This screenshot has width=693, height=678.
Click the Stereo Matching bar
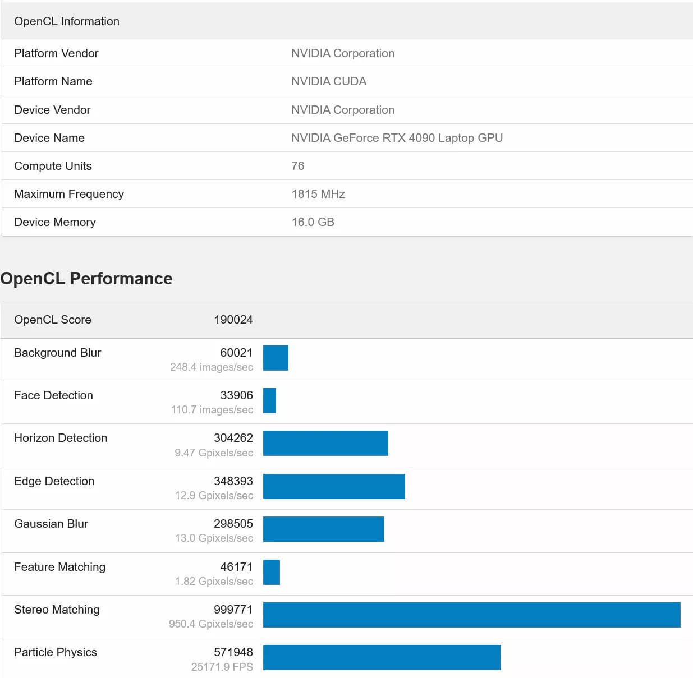coord(471,615)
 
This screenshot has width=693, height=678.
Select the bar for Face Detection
coord(269,400)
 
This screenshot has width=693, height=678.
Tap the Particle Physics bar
coord(382,657)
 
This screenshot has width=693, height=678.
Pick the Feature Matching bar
coord(272,572)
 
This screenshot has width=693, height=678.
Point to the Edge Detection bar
coord(334,486)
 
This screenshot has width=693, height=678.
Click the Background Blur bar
coord(276,358)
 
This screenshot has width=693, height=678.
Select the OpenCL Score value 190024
coord(233,320)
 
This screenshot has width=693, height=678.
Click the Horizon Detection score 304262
coord(233,438)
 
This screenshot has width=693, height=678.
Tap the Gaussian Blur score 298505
coord(233,524)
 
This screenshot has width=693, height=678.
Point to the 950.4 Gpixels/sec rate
coord(211,624)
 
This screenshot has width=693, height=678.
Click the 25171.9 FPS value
coord(222,667)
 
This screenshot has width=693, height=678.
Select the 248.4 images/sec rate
coord(212,367)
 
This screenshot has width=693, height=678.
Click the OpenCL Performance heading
coord(86,279)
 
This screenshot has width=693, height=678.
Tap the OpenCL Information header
coord(67,21)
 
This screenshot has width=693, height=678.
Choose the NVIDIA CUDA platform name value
coord(329,81)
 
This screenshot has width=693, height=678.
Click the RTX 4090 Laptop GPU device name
coord(397,138)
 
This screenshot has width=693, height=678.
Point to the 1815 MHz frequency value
coord(318,194)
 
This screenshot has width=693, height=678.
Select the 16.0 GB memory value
coord(313,222)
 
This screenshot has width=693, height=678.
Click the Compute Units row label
coord(53,166)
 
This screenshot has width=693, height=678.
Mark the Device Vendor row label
coord(52,110)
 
